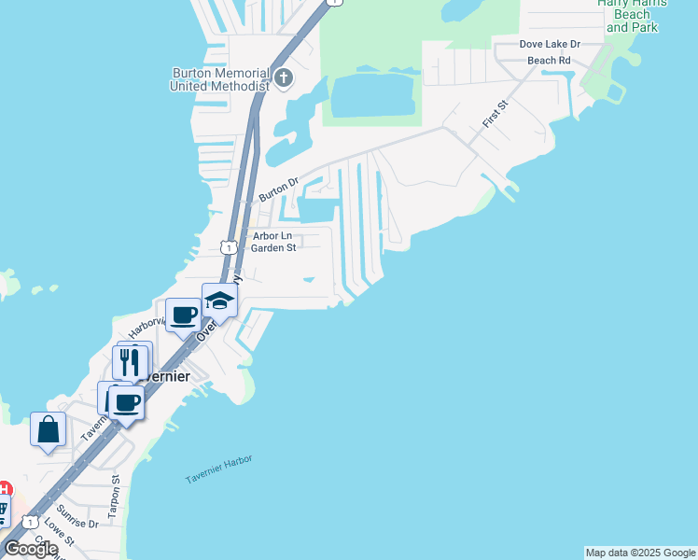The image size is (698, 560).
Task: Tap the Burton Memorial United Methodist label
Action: coord(219,79)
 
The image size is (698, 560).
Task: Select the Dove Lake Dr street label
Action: coord(550,45)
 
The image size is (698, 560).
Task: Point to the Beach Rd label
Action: coord(549,61)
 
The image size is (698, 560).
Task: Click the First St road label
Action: coord(494,116)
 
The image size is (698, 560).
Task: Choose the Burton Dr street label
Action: coord(277,189)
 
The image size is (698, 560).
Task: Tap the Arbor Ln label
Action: coord(272,237)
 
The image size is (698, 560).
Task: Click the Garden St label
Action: coord(273,248)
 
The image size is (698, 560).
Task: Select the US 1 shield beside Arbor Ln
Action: coord(228,247)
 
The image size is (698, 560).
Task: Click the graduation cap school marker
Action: coord(220,301)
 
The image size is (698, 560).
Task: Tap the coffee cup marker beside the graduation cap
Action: coord(183,315)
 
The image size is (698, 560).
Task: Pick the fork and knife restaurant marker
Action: coord(129,360)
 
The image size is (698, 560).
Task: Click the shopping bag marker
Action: coord(49,430)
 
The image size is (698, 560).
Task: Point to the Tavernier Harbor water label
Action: coord(218,469)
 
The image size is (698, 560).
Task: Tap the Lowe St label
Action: coord(59,539)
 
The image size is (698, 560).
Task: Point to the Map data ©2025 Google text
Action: coord(640,553)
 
